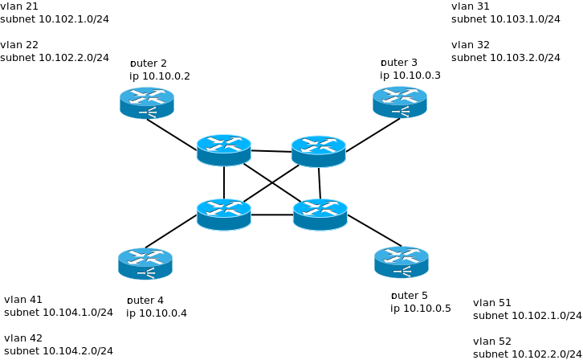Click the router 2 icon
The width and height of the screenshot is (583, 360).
(x=147, y=102)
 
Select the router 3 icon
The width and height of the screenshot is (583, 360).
(x=399, y=102)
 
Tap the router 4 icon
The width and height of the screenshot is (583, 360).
(x=145, y=264)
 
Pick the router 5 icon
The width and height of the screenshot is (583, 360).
(x=401, y=262)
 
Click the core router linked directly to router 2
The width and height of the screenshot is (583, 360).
(x=224, y=149)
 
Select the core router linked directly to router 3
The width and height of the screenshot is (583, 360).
(x=318, y=151)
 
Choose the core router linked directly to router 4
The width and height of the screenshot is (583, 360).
(x=224, y=214)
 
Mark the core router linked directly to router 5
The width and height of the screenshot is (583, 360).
(x=320, y=214)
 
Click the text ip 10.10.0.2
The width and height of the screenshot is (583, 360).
(x=160, y=76)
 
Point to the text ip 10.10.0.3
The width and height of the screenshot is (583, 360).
(x=410, y=76)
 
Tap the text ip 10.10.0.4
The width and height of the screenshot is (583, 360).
(x=157, y=313)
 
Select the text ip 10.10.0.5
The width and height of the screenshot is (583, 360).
(x=421, y=308)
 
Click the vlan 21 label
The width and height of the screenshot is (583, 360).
(x=19, y=6)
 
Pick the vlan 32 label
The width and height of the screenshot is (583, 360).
(x=471, y=45)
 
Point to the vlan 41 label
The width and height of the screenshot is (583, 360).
(x=23, y=300)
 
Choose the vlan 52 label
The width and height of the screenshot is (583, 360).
(x=492, y=342)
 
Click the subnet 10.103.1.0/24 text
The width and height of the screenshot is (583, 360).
(x=506, y=18)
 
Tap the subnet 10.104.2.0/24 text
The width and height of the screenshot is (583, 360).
(x=59, y=350)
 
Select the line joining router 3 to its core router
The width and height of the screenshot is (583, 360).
(x=373, y=135)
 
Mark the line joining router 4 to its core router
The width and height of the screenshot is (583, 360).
(x=171, y=231)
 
